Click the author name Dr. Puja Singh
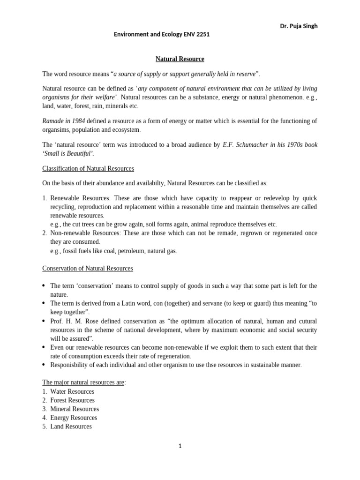point(299,26)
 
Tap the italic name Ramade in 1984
point(64,121)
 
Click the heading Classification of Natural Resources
point(88,168)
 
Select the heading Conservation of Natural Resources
point(88,268)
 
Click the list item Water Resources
point(72,391)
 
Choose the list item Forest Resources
point(72,400)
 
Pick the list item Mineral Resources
point(75,409)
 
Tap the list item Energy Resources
point(74,418)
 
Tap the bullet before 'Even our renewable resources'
point(44,347)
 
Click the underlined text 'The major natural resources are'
point(83,382)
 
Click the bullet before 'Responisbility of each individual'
point(44,365)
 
